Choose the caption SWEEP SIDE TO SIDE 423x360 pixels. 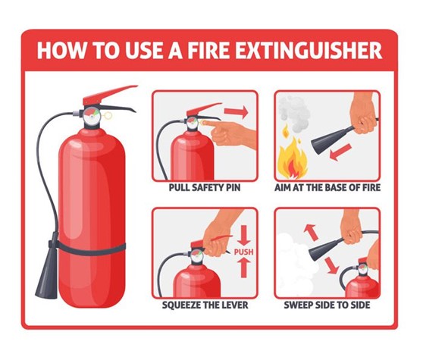tap(328, 306)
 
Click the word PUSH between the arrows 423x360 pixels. tap(243, 252)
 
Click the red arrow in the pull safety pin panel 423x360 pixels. tap(237, 113)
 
